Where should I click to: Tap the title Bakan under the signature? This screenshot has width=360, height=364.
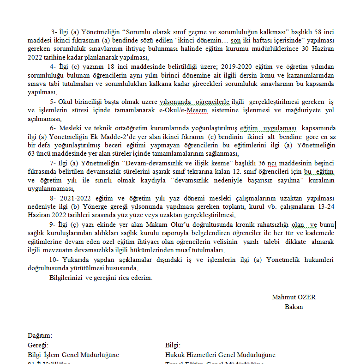294,306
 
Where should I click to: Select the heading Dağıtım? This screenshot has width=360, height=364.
40,335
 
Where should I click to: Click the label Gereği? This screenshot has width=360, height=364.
38,345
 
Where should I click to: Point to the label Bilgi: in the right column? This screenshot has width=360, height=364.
173,345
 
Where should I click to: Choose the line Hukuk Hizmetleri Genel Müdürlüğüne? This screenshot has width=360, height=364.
220,355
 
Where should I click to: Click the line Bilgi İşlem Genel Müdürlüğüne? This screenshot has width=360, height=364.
73,355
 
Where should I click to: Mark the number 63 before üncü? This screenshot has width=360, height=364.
31,154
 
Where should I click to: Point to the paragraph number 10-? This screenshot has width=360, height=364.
54,260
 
